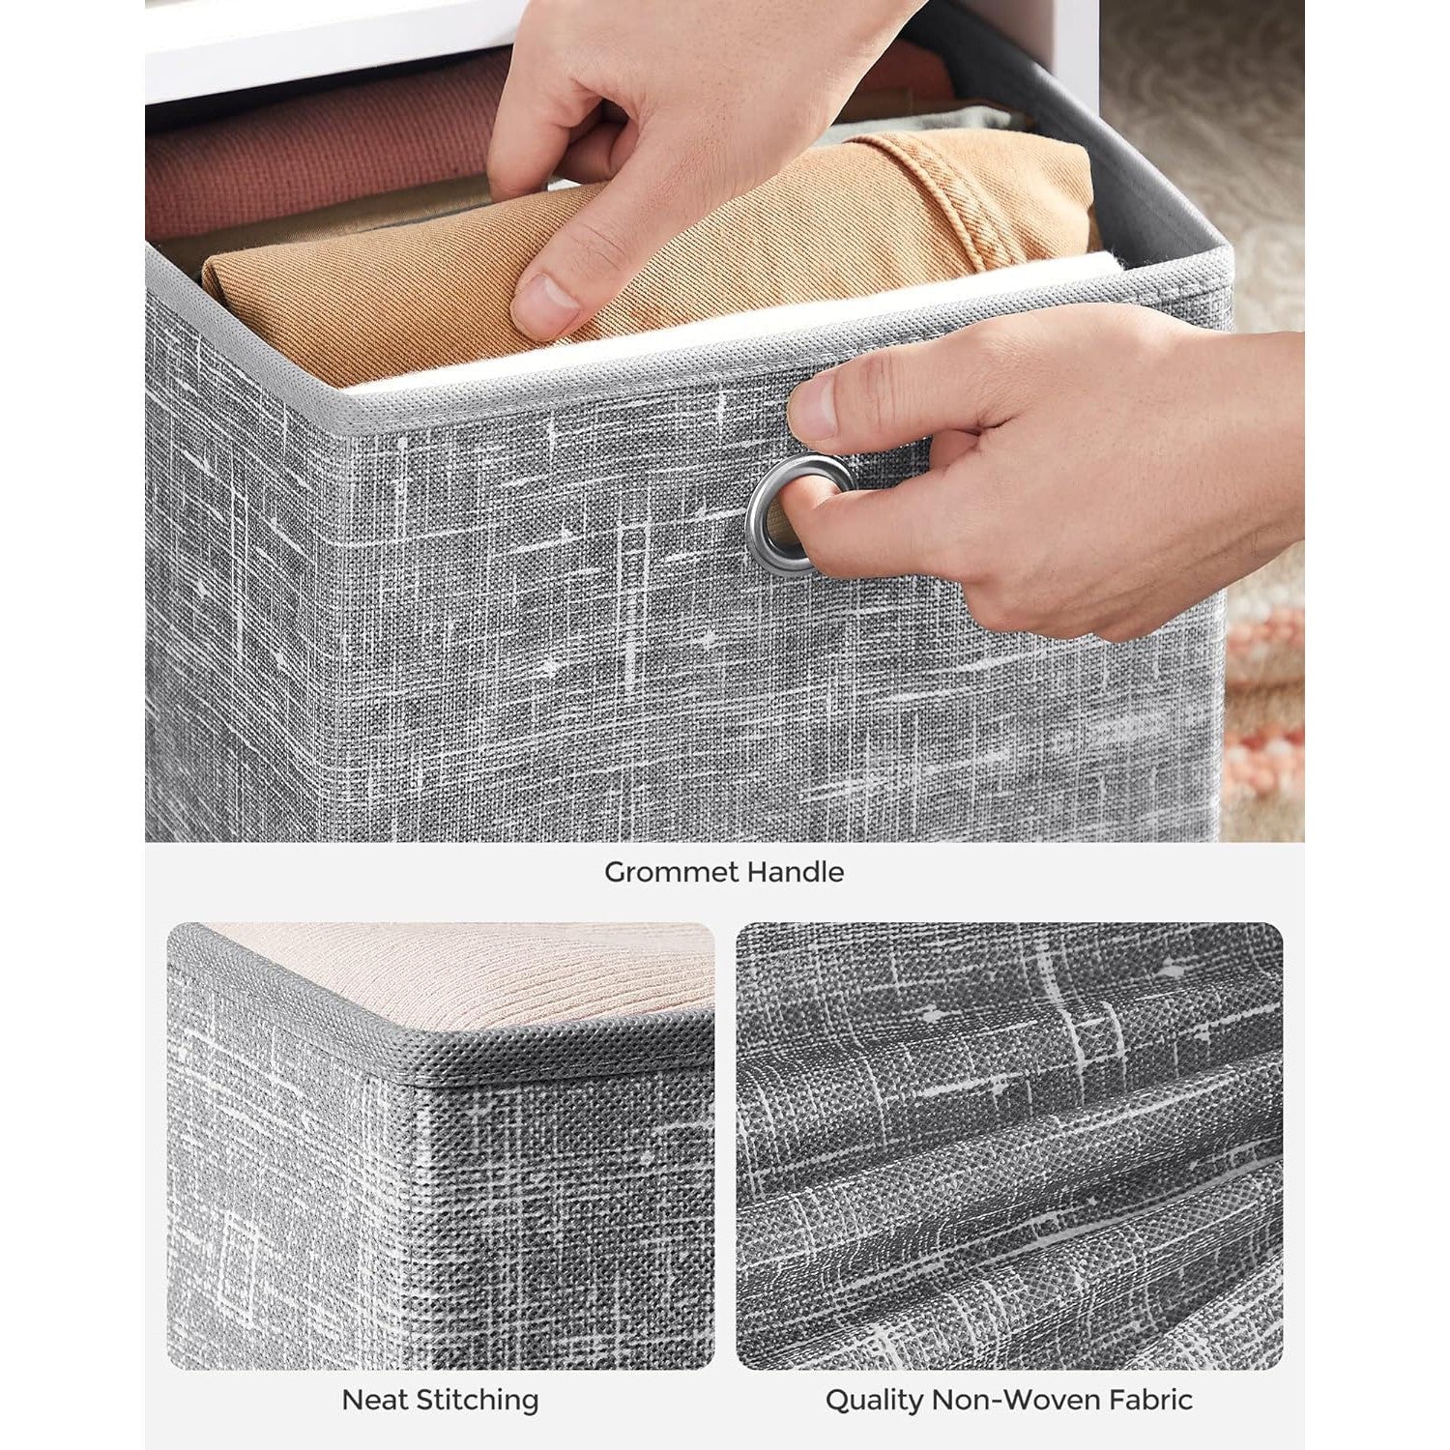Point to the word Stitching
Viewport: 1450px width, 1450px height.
tap(472, 1400)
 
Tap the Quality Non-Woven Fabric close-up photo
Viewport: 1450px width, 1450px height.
tap(1009, 1145)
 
